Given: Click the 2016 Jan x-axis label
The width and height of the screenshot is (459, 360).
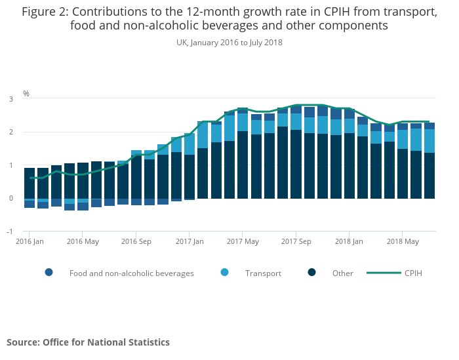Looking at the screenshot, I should tap(30, 241).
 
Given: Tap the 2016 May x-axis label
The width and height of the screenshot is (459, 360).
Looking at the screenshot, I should tap(83, 241).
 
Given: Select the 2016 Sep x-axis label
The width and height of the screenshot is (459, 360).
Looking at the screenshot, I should tap(136, 241).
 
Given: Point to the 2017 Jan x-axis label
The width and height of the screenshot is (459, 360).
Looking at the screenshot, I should tap(189, 241).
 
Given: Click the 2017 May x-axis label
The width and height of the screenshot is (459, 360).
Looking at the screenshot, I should tap(242, 241).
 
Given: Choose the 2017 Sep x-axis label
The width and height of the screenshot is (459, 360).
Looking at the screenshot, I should tap(295, 241).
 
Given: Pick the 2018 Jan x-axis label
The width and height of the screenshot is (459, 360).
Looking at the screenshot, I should tap(348, 241).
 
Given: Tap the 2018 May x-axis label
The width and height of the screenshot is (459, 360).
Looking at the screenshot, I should tap(402, 241).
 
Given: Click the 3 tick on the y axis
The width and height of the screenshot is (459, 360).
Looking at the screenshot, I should tap(11, 99).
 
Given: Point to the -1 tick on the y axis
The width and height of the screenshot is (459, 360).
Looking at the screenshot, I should tap(10, 231).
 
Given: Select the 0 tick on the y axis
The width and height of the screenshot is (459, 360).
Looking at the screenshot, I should tap(11, 198).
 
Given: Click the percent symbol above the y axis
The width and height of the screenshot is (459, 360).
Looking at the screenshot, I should tap(26, 94).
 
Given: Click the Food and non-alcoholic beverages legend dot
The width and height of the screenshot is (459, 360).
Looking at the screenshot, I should tap(49, 273).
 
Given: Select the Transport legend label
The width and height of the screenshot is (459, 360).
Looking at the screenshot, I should tap(263, 273).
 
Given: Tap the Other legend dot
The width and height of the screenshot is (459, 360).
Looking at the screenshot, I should tap(313, 273).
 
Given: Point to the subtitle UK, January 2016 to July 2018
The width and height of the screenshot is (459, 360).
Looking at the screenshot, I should tap(229, 42).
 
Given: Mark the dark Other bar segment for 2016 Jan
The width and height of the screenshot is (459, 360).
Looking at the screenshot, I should tap(30, 183).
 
